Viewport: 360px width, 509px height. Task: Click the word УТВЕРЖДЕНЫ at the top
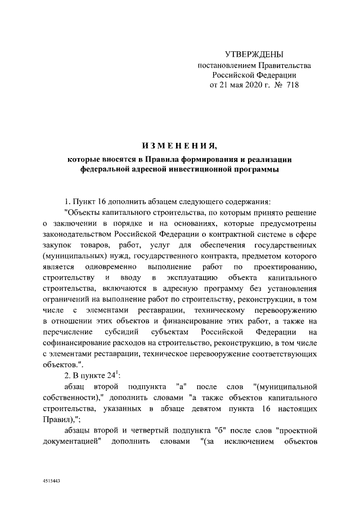point(254,55)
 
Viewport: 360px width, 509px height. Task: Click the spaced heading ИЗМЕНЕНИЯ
point(179,147)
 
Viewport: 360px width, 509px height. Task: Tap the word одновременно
point(108,266)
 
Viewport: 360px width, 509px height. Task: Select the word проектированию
point(282,266)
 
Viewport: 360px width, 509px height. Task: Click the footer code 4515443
point(51,482)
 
